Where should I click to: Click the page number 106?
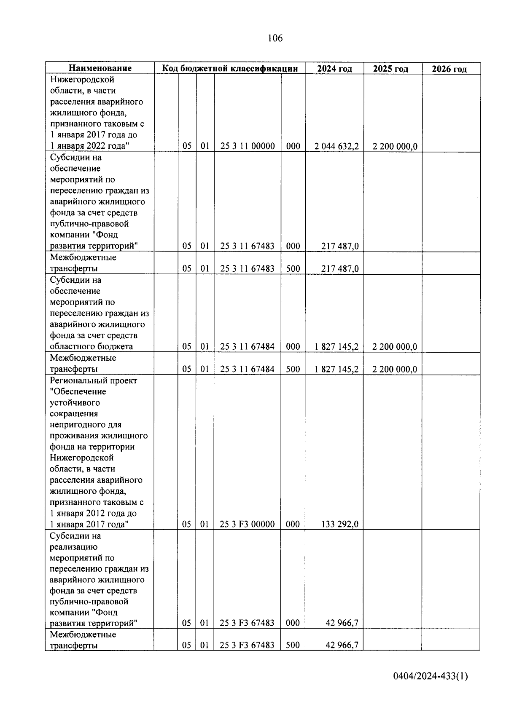click(275, 38)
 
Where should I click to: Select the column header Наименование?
click(100, 68)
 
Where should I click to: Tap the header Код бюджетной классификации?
click(230, 68)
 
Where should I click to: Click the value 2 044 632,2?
click(336, 146)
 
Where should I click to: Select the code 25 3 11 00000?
click(248, 146)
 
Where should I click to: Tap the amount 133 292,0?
click(340, 524)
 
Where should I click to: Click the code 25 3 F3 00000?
click(247, 524)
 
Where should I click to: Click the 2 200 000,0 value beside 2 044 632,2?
click(395, 146)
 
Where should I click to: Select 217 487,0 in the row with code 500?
click(340, 268)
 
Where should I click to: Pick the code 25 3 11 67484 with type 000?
click(247, 346)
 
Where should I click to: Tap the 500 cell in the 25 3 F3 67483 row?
click(293, 645)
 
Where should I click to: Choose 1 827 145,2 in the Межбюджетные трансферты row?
click(336, 369)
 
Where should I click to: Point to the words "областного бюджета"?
click(92, 346)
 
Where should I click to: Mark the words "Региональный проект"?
click(93, 380)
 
